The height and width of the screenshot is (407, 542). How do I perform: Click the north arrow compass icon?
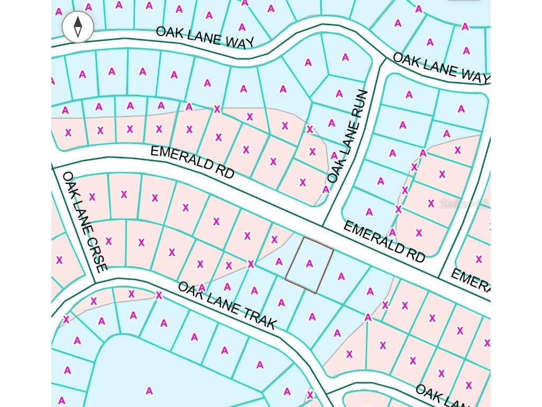(78, 26)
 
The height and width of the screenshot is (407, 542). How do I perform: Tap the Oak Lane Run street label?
(348, 137)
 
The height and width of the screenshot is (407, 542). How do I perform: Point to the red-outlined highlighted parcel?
(310, 265)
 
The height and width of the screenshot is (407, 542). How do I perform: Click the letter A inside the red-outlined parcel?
(310, 264)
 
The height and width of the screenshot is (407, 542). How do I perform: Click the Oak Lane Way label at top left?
(205, 37)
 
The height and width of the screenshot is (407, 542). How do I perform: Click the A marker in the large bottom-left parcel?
(149, 391)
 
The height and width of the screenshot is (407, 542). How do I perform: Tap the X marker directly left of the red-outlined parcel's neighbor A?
(251, 264)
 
